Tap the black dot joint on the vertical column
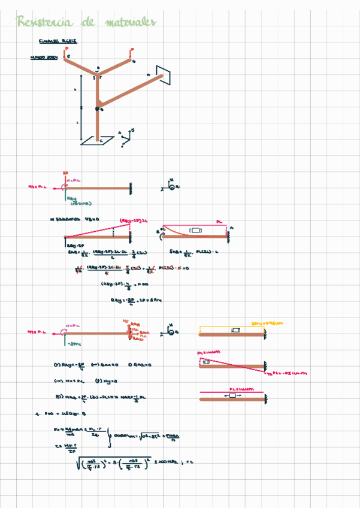point(97,109)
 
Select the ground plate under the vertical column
point(97,140)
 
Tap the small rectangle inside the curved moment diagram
point(195,229)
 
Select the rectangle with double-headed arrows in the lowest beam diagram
point(231,395)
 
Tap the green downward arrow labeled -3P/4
point(65,339)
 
